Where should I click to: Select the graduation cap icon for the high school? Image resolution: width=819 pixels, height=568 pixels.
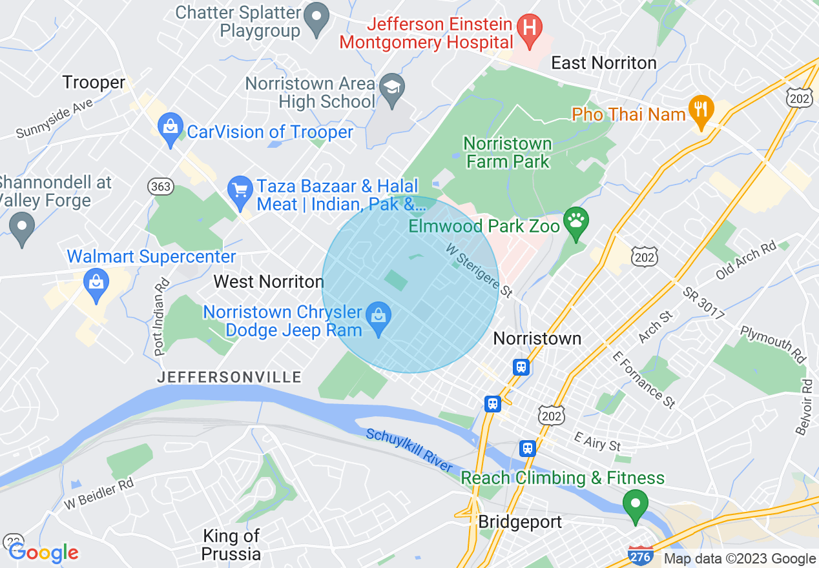point(391,91)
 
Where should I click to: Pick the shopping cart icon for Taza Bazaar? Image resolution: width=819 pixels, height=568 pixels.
point(241,192)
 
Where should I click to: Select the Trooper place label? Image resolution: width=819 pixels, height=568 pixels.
point(94,83)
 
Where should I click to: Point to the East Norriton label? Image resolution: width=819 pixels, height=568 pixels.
point(603,63)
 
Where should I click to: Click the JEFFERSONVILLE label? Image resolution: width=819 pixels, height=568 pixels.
point(229,377)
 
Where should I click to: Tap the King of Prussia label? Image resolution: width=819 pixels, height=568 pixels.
point(231,545)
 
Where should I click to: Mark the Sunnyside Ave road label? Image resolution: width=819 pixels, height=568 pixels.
point(55,119)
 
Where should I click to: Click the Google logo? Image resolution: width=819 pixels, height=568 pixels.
point(43,553)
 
